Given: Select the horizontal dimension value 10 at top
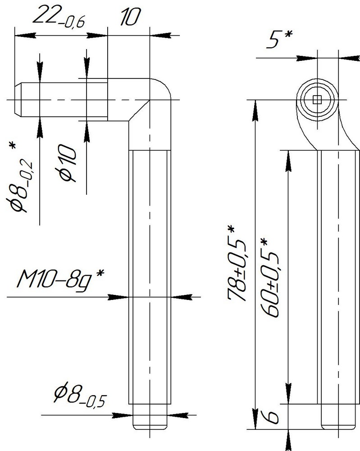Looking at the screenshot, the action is (x=130, y=17).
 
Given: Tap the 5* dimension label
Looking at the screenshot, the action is (x=279, y=39).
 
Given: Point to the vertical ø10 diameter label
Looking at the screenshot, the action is (x=67, y=163).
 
